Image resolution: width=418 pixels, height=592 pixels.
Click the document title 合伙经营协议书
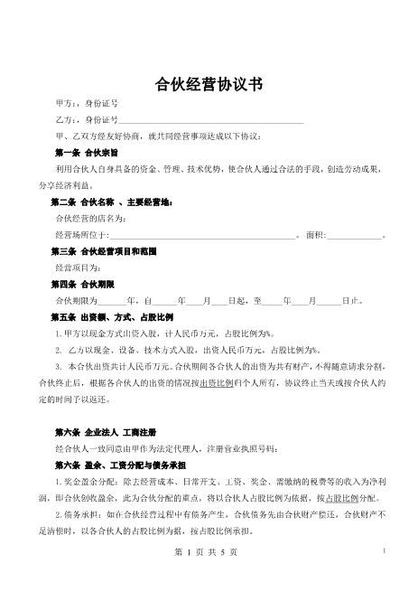209,85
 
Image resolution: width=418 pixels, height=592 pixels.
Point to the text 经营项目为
81,268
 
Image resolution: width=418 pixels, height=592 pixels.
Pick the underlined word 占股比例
343,497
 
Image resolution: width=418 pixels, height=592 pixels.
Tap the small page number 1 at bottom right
384,550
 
